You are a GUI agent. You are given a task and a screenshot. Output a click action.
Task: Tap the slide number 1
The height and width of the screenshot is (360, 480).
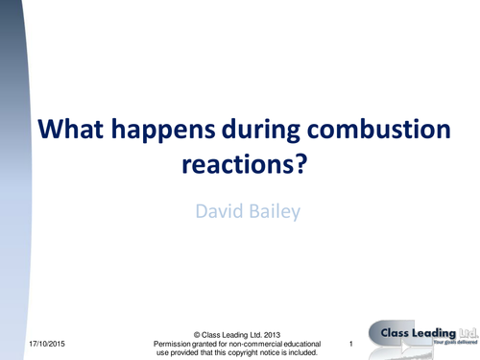pos(352,344)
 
